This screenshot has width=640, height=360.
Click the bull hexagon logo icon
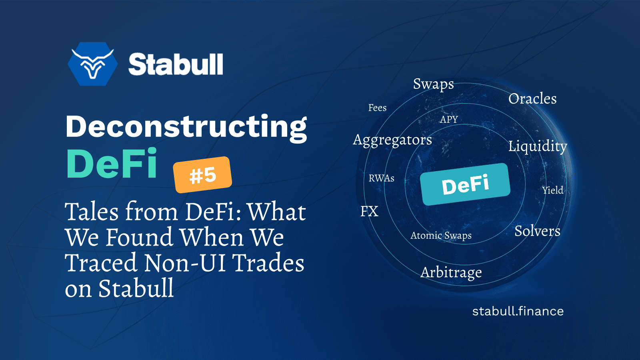tap(93, 64)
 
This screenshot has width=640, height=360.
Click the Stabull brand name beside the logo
tap(175, 64)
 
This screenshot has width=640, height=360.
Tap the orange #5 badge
tap(202, 175)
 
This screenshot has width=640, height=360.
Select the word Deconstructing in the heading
tap(186, 127)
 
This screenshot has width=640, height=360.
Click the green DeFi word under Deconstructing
tap(112, 164)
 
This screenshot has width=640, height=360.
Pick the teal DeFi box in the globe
tap(465, 184)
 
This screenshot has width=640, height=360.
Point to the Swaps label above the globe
tap(433, 84)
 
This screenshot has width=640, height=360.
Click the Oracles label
tap(532, 99)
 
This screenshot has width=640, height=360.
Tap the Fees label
tap(377, 108)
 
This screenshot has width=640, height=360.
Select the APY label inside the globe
tap(449, 119)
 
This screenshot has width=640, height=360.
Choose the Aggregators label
tap(392, 140)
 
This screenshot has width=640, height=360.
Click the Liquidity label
tap(537, 146)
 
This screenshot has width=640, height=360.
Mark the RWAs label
tap(381, 178)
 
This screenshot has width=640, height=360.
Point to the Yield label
tap(552, 190)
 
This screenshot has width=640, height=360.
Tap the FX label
tap(369, 211)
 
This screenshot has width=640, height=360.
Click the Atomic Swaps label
tap(441, 236)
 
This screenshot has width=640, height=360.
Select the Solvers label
tap(537, 231)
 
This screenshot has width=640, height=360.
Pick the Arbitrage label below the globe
tap(451, 272)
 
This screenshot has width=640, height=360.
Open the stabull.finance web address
tap(518, 311)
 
